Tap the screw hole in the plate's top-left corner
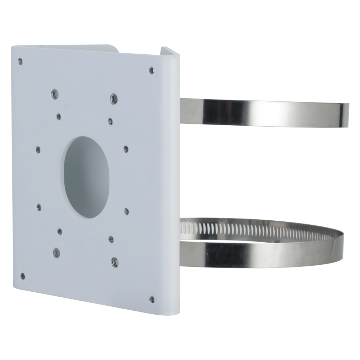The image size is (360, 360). point(20,61)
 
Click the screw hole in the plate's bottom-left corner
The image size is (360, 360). point(23,276)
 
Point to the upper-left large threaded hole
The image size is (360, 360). point(54,94)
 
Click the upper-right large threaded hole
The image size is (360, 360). point(113,97)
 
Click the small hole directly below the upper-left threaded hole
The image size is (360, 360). point(59,116)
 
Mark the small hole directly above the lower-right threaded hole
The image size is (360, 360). point(111,238)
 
